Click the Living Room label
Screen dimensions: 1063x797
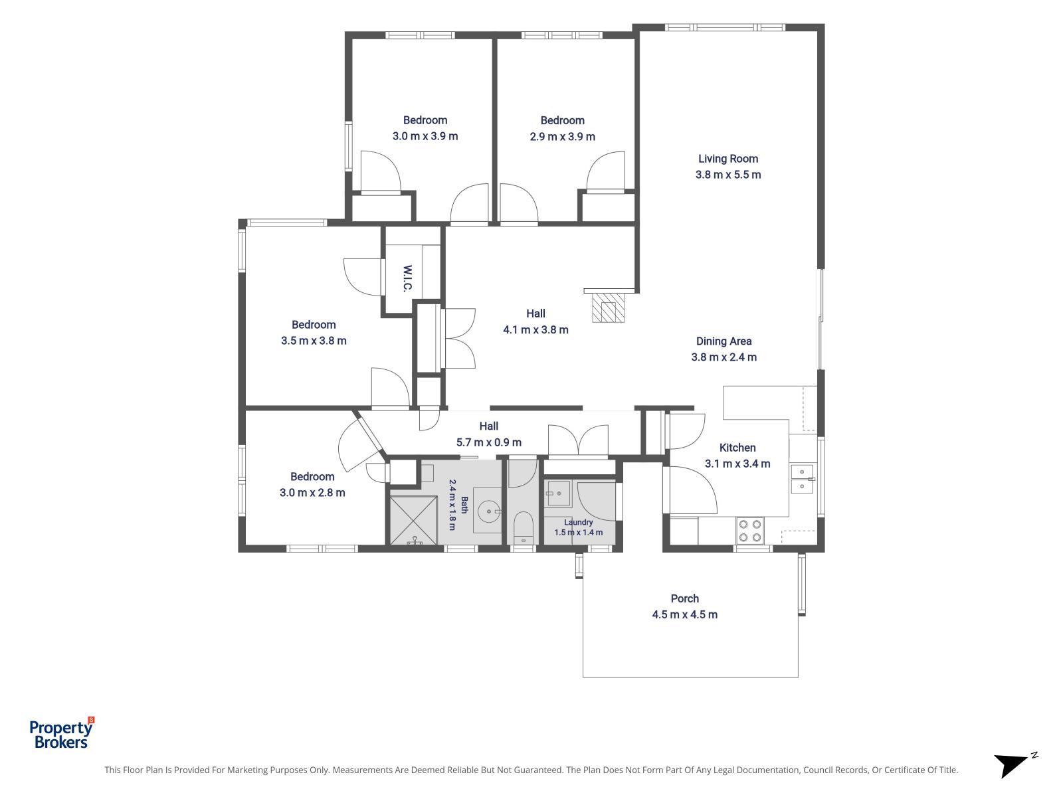click(x=728, y=159)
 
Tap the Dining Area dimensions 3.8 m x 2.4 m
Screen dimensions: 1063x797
click(x=724, y=357)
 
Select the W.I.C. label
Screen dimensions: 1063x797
click(x=407, y=278)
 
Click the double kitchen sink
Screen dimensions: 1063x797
click(x=802, y=479)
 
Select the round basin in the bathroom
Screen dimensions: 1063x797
click(x=488, y=511)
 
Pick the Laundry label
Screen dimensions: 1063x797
click(x=578, y=522)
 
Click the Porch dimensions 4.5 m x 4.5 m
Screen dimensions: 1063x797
click(x=684, y=614)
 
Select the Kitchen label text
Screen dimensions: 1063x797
click(x=737, y=448)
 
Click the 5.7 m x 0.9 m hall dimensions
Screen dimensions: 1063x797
click(x=488, y=442)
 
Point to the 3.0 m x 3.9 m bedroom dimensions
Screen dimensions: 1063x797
click(x=425, y=136)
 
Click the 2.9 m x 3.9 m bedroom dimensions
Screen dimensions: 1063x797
click(x=562, y=136)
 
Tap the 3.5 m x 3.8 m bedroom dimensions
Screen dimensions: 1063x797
click(x=314, y=341)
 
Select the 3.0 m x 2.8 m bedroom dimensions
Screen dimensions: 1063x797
click(x=312, y=493)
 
